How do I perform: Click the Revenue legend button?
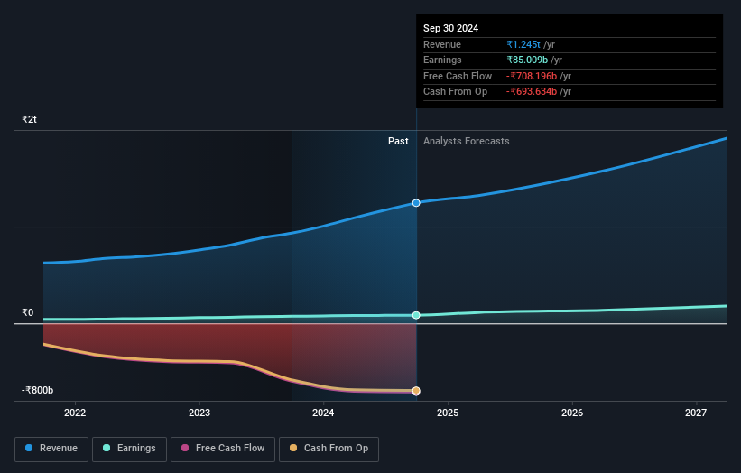coord(51,448)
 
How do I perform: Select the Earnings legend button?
coord(129,448)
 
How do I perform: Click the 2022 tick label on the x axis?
coord(75,413)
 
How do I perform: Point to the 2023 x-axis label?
coord(199,413)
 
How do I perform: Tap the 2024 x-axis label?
coord(323,413)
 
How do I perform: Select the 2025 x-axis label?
coord(448,413)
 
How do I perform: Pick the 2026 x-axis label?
coord(571,413)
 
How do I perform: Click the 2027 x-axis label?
coord(696,413)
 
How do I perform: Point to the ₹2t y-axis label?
coord(30,119)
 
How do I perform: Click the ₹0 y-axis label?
coord(28,313)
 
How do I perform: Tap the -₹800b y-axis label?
coord(38,390)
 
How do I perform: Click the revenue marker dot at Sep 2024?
coord(416,203)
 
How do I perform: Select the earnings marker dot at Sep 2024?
coord(416,315)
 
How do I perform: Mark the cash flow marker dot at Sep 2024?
coord(416,391)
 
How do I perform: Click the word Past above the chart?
coord(398,141)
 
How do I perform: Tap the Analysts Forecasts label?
coord(466,141)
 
